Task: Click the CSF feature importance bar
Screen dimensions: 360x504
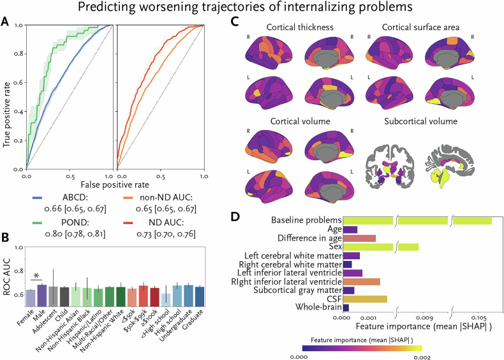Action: (x=365, y=299)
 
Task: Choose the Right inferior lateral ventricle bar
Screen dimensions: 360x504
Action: (x=362, y=281)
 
